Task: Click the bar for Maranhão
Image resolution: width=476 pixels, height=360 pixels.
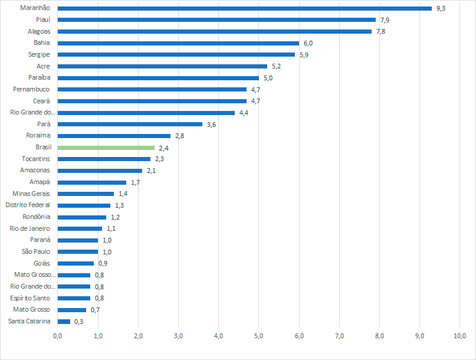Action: tap(245, 8)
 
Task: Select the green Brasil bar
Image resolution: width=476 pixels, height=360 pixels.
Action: tap(106, 148)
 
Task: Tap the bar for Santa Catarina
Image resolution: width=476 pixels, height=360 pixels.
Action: tap(64, 322)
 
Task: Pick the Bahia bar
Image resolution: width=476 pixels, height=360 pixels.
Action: tap(178, 43)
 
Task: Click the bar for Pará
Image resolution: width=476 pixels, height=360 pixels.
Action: tap(130, 124)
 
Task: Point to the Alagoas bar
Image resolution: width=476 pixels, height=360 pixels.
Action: tap(215, 31)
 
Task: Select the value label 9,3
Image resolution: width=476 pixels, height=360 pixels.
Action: tap(441, 8)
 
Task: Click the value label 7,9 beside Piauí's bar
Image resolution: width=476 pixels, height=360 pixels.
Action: tap(385, 20)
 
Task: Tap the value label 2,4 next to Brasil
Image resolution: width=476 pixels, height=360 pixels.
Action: tap(164, 148)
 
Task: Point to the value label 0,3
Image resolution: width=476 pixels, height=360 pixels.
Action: tap(78, 322)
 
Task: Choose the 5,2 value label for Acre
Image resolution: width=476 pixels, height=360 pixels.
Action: tap(276, 66)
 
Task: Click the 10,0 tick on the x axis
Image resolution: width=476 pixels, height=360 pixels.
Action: tap(459, 336)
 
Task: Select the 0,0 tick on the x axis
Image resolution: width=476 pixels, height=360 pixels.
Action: tap(58, 336)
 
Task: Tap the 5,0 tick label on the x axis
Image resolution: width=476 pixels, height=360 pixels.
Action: tap(258, 336)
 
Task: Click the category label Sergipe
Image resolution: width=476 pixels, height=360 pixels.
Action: tap(39, 54)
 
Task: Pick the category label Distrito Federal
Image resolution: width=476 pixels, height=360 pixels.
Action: tap(28, 205)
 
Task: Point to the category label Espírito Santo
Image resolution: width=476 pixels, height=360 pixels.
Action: tap(30, 298)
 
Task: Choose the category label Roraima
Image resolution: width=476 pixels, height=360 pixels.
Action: tap(38, 136)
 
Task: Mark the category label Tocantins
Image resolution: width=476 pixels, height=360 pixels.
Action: tap(36, 159)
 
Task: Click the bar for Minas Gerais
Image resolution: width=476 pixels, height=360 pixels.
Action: tap(86, 194)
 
